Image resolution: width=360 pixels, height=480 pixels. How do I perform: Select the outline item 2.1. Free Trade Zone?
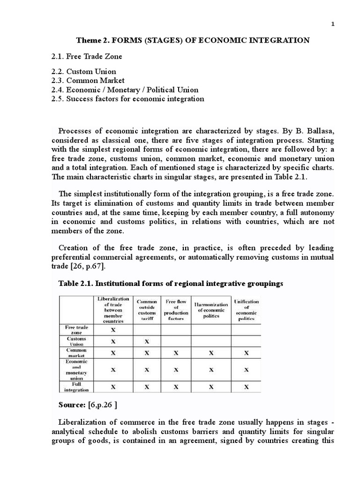click(87, 56)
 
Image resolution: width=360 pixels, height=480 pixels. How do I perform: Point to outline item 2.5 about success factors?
click(128, 98)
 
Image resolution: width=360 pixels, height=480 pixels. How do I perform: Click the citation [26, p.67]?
click(92, 266)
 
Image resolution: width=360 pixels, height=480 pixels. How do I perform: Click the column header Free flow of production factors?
click(176, 309)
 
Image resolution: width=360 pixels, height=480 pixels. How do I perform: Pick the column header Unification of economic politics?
click(246, 309)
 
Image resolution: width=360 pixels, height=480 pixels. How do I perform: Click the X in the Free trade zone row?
click(112, 330)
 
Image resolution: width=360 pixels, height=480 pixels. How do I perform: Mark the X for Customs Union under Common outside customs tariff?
click(147, 341)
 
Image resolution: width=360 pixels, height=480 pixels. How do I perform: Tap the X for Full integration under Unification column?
click(247, 387)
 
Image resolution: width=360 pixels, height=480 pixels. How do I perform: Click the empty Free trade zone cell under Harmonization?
click(211, 330)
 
